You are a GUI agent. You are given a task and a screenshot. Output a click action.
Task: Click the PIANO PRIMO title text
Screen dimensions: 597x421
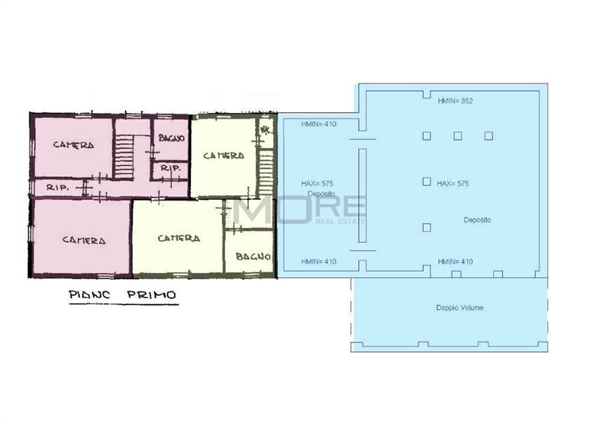[123, 295]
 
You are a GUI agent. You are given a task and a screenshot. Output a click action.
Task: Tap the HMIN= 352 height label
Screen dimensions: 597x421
[455, 101]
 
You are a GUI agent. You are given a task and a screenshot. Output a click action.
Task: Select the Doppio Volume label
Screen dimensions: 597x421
[459, 307]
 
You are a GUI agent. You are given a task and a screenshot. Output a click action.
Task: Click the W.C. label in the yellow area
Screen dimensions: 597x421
[265, 130]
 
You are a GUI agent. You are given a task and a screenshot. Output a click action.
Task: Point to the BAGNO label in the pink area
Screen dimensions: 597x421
[171, 138]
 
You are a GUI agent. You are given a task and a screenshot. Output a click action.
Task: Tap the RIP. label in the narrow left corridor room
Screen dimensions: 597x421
[57, 187]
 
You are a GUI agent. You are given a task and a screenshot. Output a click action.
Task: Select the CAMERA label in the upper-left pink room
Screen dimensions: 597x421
[74, 145]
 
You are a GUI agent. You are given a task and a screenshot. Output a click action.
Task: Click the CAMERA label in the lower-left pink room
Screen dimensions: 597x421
[84, 241]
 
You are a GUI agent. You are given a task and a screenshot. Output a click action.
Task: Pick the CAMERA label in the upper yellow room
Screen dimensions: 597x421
[223, 156]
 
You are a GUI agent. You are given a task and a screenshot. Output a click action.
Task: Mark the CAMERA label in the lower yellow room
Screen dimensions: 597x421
[178, 239]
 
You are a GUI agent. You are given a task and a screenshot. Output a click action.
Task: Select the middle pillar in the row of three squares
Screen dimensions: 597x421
[458, 135]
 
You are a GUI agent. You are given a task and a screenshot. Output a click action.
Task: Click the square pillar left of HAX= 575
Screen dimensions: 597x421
[427, 182]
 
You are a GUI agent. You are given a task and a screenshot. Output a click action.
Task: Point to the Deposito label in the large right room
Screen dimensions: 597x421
[477, 220]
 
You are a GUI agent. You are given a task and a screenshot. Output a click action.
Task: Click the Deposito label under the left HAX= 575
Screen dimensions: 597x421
[322, 194]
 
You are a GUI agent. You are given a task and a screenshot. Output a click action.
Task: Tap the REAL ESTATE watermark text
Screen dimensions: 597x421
[341, 221]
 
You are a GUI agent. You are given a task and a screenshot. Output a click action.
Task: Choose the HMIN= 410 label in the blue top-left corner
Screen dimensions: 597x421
[319, 124]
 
